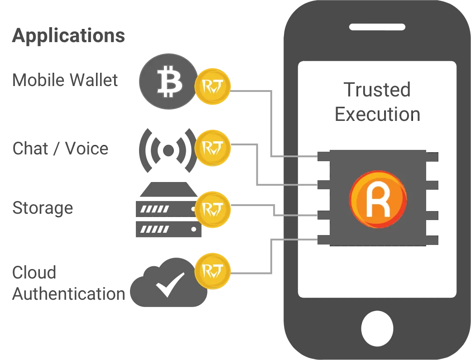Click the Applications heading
pos(68,36)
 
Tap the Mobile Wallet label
pos(65,80)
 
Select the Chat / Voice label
pos(60,149)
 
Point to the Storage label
pos(43,208)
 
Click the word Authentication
pos(69,293)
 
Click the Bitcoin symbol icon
pos(169,82)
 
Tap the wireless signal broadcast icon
pos(168,150)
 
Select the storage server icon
pos(168,210)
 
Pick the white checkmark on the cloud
pos(170,284)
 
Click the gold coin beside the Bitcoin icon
pos(213,86)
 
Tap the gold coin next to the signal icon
pos(213,148)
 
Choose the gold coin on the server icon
pos(213,209)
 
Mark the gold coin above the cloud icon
pos(213,271)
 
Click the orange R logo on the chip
pos(378,199)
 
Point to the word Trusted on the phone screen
pos(377,90)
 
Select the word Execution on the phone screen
pos(377,115)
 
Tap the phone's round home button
pos(377,328)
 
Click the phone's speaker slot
pos(377,27)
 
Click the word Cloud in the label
pos(34,272)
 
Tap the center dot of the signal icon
pos(168,150)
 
